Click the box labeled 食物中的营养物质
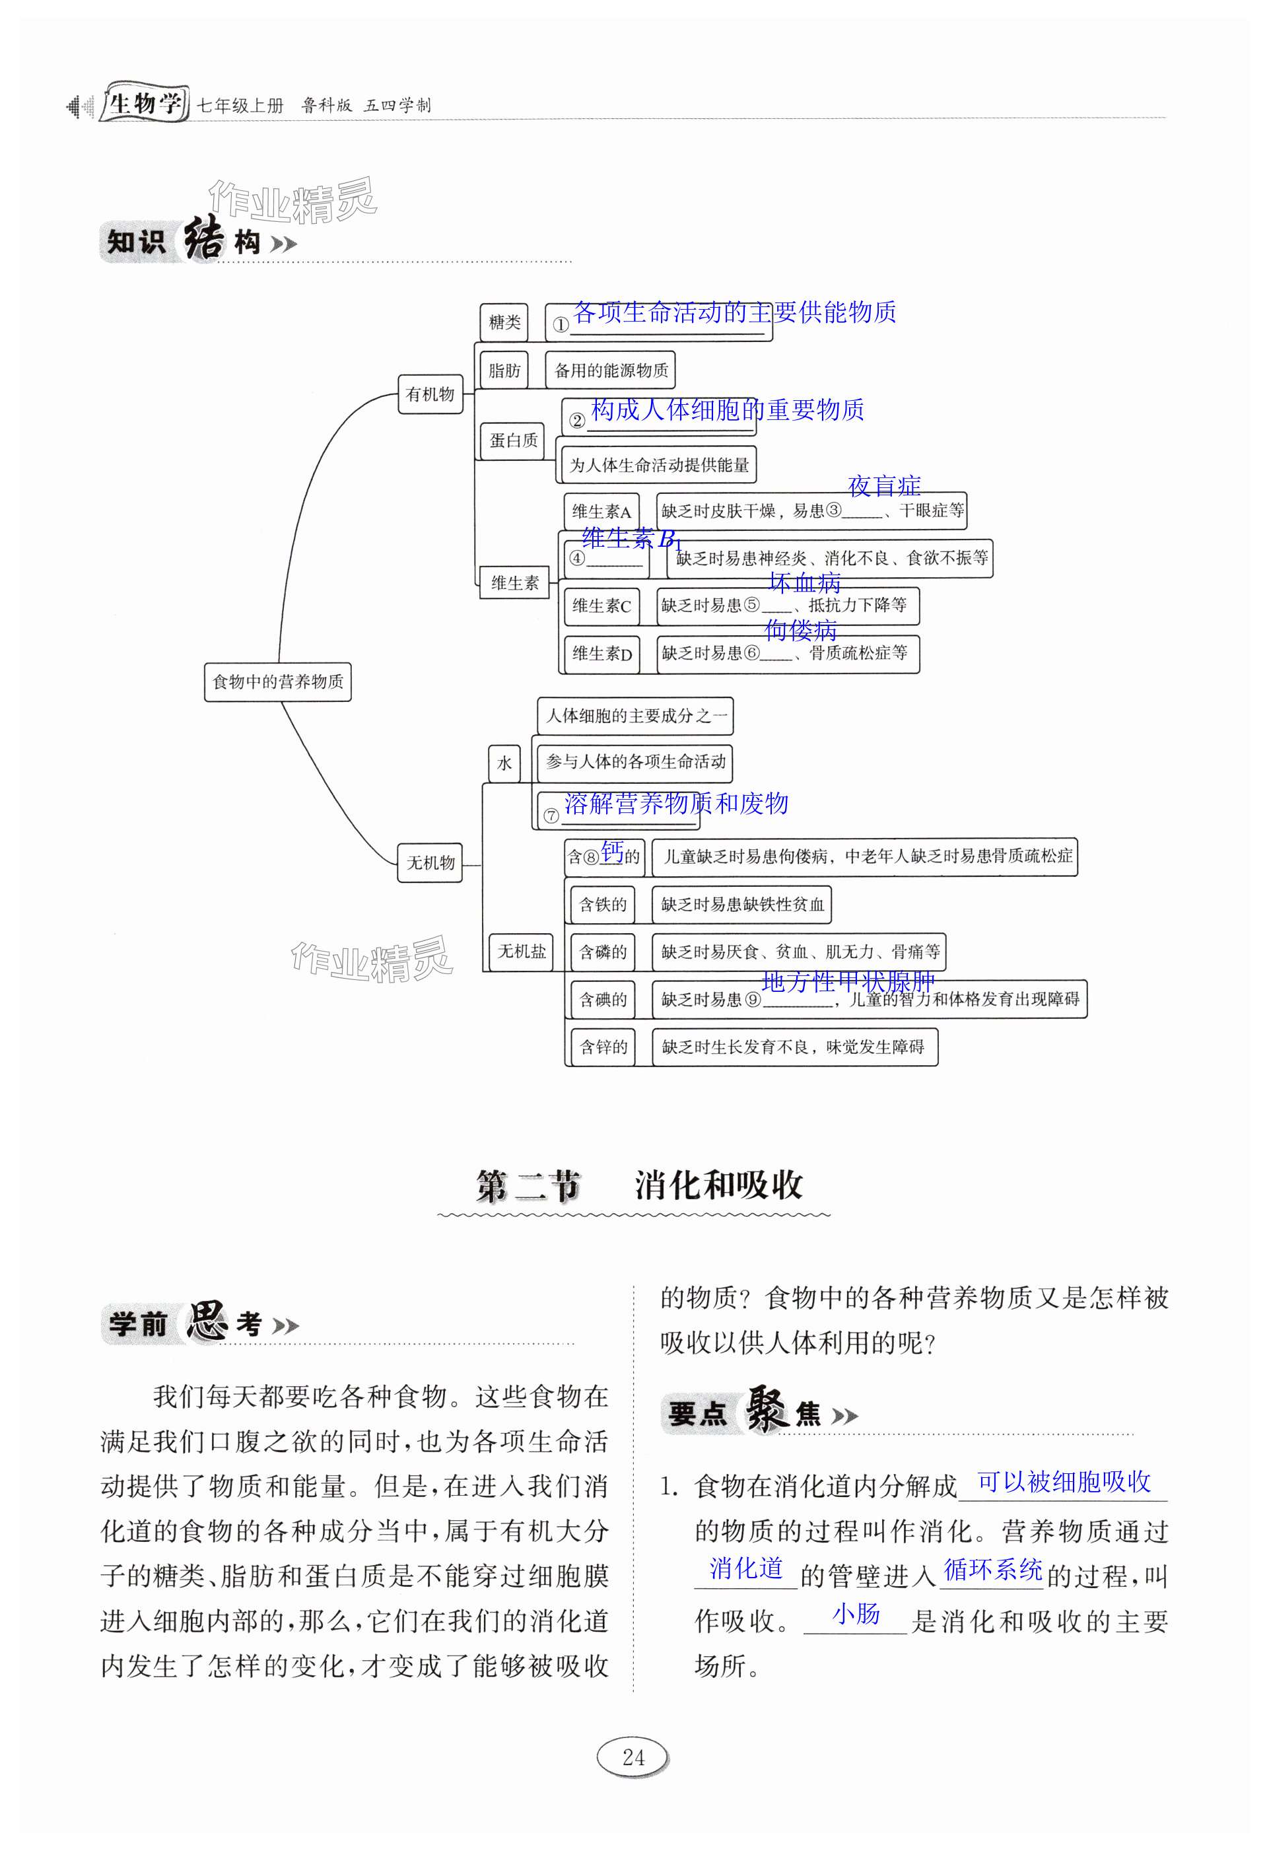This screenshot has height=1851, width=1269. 277,681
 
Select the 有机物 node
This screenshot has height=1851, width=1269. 430,394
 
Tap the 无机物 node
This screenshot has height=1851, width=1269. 430,862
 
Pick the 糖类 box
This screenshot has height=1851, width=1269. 504,322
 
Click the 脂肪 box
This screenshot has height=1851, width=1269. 504,370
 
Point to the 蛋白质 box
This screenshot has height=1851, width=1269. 513,440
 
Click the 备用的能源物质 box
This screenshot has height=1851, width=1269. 611,370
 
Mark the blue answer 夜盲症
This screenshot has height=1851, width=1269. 883,486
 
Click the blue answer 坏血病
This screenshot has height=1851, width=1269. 804,582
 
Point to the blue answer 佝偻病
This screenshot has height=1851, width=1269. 800,630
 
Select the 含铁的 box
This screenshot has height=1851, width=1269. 603,904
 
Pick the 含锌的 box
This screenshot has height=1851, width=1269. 603,1047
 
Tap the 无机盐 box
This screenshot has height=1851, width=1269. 522,951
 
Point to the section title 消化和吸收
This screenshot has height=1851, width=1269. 718,1185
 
